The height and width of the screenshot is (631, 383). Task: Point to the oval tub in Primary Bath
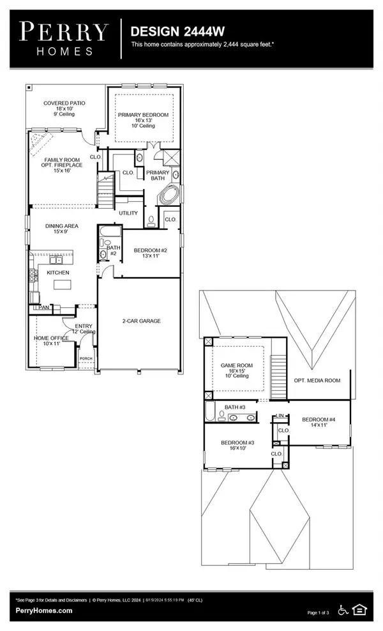tap(169, 195)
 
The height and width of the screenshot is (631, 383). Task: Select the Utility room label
tap(128, 213)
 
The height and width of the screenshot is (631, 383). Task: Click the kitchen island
tap(61, 284)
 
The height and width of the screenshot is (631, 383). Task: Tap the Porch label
tap(86, 359)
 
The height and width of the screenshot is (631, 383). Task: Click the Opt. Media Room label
tap(317, 380)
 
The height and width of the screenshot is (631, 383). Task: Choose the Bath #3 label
tap(236, 407)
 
